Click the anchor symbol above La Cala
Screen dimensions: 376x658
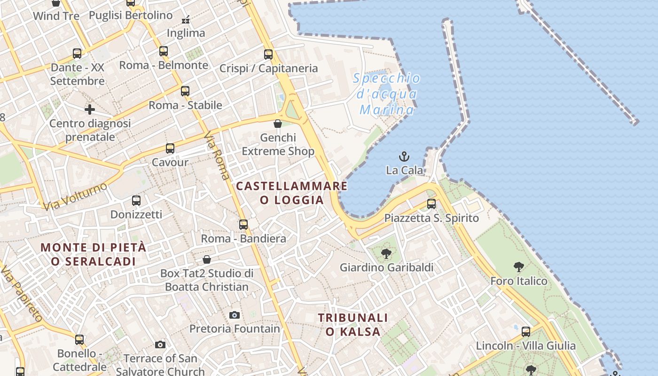tap(404, 157)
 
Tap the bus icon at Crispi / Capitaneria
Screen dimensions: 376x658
tap(268, 55)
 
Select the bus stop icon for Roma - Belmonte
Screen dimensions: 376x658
tap(164, 51)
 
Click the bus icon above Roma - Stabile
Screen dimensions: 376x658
tap(185, 91)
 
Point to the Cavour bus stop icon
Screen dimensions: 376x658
tap(170, 149)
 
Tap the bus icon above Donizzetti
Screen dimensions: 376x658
tap(136, 201)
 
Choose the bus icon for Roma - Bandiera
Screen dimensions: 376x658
tap(243, 225)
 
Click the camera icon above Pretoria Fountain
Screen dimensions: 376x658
tap(235, 315)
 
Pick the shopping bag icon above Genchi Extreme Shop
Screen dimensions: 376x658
tap(278, 124)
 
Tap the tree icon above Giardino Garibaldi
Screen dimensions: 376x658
tap(386, 254)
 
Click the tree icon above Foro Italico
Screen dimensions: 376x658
tap(519, 267)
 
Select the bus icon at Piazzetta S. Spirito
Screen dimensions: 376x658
tap(431, 204)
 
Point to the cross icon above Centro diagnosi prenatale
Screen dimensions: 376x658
tap(90, 110)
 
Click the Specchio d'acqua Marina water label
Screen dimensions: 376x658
tap(387, 94)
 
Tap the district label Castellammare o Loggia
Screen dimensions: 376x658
tap(292, 193)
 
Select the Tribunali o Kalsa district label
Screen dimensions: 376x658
tap(353, 325)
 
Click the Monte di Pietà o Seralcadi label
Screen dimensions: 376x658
tap(93, 254)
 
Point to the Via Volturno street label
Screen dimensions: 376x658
tap(75, 196)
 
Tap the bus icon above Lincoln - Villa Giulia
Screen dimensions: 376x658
tap(526, 332)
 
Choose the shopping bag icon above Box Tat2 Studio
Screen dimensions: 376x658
tap(207, 259)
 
